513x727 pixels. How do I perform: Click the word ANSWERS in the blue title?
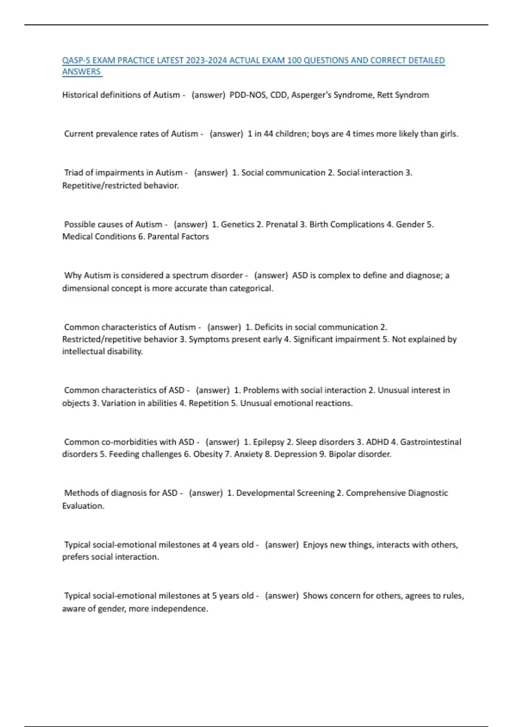point(81,72)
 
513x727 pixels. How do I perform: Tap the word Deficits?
point(268,327)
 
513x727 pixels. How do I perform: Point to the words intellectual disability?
point(102,352)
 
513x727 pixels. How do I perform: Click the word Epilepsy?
point(268,442)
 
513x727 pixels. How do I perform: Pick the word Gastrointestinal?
point(430,442)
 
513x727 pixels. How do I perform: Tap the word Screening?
point(318,493)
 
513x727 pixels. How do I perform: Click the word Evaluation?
point(83,506)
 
